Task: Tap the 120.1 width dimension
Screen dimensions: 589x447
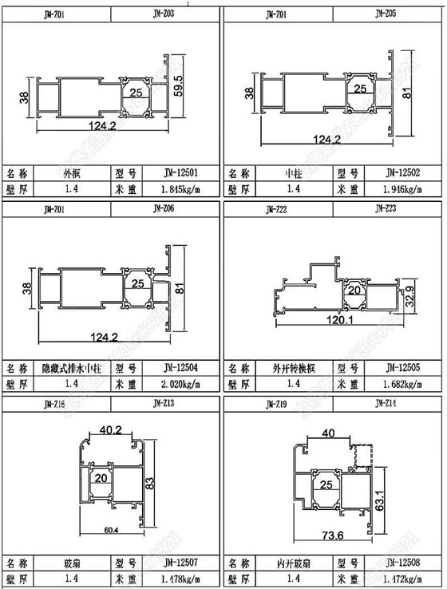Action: click(x=338, y=320)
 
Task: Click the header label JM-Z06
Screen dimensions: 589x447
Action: click(x=164, y=209)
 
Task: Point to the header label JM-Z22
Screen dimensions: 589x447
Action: click(x=276, y=209)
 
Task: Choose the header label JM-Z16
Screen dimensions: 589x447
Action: click(x=53, y=405)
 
